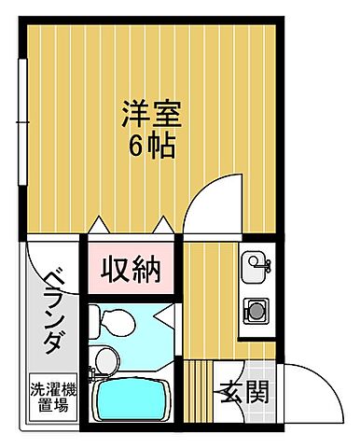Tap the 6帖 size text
[149, 147]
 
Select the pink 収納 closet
[132, 270]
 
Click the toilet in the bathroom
[112, 320]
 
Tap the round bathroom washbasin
[105, 358]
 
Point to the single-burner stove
[253, 307]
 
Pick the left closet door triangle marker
[102, 223]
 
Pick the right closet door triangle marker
[164, 223]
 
